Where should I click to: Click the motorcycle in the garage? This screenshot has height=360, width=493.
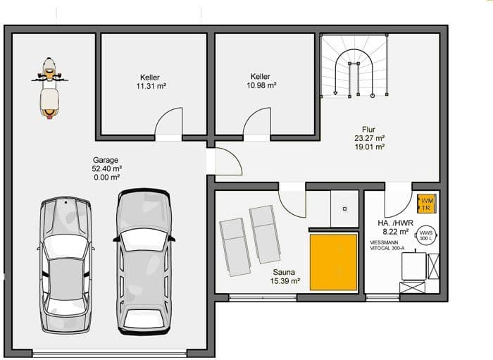point(49,88)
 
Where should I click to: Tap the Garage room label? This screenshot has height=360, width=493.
point(106,160)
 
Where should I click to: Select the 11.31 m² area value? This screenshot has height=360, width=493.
point(151,86)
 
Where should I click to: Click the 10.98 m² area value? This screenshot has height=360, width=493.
point(261,85)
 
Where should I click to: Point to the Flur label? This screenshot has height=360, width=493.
point(368,129)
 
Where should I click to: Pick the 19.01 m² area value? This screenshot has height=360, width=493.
point(370,147)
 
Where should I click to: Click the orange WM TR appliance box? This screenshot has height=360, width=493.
point(426,204)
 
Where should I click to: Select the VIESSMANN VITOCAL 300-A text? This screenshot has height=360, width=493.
point(387,245)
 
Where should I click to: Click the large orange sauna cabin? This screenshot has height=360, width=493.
point(334,262)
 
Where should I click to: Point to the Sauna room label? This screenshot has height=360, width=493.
point(284,272)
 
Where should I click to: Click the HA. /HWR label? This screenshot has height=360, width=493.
point(395,223)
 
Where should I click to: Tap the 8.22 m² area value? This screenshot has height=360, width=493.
point(396,232)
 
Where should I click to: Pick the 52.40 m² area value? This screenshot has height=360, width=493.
point(107,168)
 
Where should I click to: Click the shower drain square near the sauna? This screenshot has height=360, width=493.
point(344,209)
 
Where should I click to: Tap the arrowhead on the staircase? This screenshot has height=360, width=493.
point(335,93)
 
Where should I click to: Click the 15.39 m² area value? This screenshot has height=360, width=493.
point(285,281)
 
